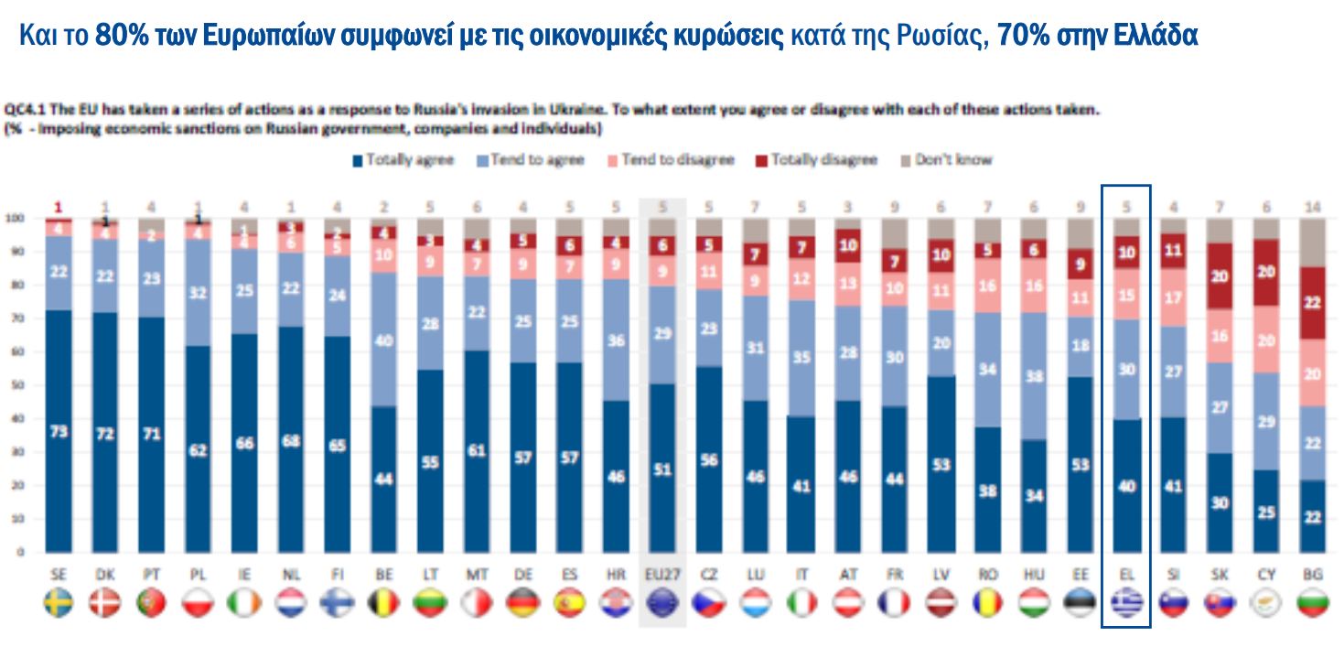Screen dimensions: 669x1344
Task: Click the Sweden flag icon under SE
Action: (59, 602)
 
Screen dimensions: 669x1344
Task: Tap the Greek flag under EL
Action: (1126, 602)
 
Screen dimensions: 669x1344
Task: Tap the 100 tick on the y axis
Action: (14, 219)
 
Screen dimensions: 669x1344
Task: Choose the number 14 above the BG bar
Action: (1313, 207)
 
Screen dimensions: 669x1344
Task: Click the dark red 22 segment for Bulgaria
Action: (1313, 302)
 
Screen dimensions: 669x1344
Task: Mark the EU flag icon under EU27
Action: (661, 602)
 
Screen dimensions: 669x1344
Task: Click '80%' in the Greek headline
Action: (122, 36)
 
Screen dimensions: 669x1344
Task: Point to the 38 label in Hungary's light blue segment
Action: (1033, 375)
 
